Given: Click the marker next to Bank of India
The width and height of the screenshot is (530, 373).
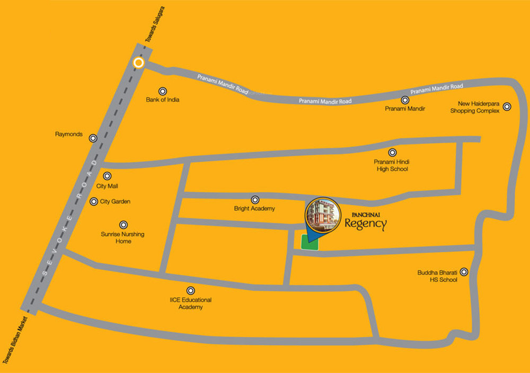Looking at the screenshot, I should pos(163,91).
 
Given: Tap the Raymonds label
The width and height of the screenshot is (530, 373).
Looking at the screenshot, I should pos(69,135).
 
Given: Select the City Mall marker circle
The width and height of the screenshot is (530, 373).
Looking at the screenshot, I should pos(107,176).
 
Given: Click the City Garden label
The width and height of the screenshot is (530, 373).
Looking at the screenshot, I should pos(115,202).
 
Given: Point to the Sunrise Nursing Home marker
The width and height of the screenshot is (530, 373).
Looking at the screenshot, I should pos(123,225).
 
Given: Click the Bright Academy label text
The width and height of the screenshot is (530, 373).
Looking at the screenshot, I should pos(254,209).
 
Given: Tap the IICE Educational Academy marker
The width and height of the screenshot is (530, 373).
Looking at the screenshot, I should pos(190,290).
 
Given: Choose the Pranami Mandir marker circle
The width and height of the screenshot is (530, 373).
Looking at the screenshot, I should pos(405,100).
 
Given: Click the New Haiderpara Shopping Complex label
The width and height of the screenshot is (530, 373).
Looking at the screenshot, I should pos(475,108).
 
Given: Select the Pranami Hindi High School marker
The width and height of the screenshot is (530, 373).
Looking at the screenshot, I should pos(392,153).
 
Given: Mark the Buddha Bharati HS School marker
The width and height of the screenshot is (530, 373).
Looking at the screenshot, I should pos(464,272).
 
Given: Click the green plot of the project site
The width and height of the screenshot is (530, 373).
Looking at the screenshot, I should pos(310,242).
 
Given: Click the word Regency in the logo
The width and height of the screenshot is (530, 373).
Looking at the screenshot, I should pos(366,224).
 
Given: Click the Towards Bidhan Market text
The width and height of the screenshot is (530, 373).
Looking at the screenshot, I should pos(15,339).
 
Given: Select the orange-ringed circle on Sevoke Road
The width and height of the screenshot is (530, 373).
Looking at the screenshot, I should pos(138,63).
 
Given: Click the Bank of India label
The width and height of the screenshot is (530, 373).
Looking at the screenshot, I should pos(163,100).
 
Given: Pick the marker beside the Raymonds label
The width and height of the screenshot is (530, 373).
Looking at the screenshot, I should pos(93,138).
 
